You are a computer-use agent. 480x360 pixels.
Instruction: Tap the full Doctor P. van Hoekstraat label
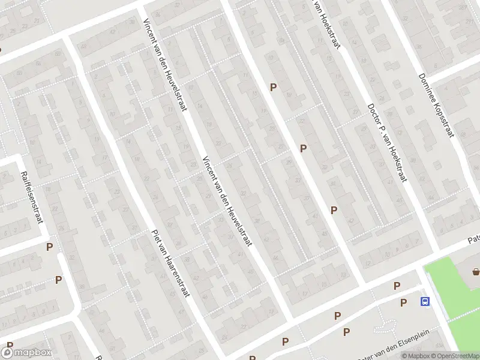coord(387,143)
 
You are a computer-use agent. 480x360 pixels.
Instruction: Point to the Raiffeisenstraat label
coord(33,197)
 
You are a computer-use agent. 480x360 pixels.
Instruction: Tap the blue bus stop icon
coord(425,302)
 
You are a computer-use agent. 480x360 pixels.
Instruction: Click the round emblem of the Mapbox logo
coord(8,353)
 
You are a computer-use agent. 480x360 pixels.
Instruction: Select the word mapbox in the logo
coord(34,353)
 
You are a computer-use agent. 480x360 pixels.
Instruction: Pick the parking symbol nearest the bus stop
coord(403,302)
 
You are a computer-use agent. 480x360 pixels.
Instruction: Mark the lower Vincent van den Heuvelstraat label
coord(227,201)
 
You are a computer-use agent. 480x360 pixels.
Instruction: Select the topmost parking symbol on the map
coord(273,87)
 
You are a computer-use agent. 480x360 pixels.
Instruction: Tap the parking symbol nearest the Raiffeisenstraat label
coord(49,247)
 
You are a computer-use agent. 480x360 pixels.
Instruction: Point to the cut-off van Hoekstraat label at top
coord(328,24)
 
